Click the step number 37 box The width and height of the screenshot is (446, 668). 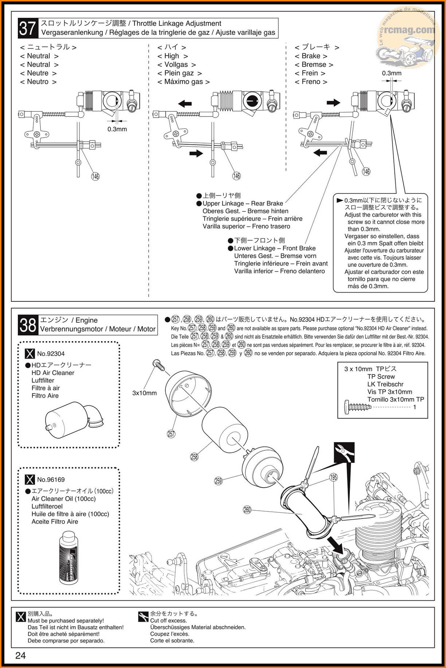(x=28, y=28)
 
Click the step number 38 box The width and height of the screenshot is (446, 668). (x=28, y=325)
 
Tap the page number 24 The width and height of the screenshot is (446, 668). (x=20, y=656)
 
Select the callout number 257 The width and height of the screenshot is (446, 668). (x=171, y=434)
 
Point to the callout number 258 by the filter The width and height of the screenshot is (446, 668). (x=194, y=456)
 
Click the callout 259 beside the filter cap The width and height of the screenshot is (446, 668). (x=218, y=481)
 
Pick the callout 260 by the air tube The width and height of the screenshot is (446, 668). (x=247, y=510)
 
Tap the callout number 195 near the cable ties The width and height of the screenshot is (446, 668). (x=333, y=477)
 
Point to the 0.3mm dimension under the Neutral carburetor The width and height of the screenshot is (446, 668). (x=117, y=129)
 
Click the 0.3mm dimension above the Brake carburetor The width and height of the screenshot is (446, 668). (x=392, y=73)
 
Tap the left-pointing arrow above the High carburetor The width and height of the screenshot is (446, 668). (x=185, y=104)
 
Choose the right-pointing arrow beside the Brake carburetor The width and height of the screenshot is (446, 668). (x=333, y=103)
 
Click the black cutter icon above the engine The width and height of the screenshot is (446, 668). (x=344, y=452)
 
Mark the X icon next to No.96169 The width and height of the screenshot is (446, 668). (x=30, y=480)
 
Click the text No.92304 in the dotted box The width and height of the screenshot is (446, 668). (x=51, y=353)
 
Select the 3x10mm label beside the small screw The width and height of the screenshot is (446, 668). (x=144, y=393)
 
